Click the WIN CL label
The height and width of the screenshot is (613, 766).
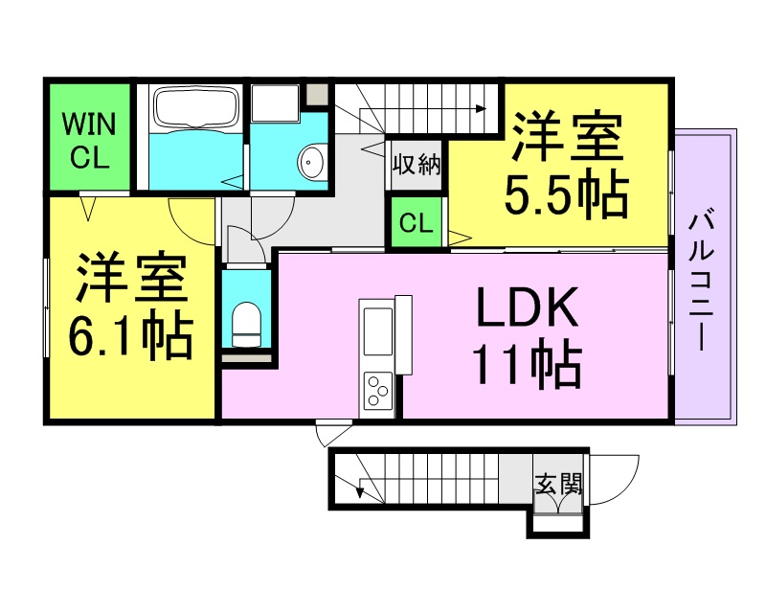tap(89, 140)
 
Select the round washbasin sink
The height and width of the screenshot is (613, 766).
tap(312, 161)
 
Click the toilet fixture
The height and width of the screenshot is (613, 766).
tap(246, 324)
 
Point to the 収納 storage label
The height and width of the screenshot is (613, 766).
tap(417, 164)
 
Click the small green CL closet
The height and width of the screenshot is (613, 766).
tap(417, 222)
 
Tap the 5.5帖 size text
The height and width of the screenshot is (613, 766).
tap(566, 193)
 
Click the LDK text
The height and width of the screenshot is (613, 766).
tap(527, 308)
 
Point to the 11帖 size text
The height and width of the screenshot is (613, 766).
tap(528, 363)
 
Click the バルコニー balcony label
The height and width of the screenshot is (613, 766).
tap(702, 280)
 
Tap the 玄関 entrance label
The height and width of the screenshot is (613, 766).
tap(558, 484)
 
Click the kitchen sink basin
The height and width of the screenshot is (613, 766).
tap(378, 332)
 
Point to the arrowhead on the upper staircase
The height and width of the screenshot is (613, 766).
tap(482, 108)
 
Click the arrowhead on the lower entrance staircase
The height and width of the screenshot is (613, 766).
tap(361, 492)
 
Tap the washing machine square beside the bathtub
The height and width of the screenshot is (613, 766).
tap(275, 103)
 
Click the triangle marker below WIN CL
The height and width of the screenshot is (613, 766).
tap(87, 209)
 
